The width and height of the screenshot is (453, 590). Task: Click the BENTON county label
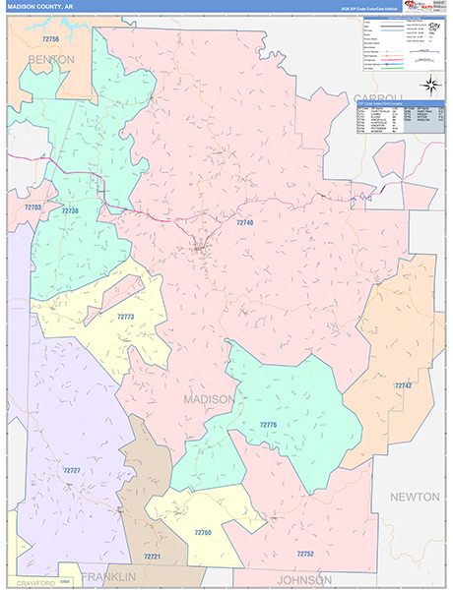tap(51, 60)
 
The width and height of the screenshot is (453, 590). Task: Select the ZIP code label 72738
tap(70, 210)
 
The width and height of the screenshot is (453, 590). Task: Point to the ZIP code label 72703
tap(32, 207)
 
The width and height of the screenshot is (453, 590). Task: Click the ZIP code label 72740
tap(245, 223)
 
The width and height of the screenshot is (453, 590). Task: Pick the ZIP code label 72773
tap(125, 317)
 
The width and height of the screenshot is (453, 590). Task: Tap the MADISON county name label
tap(209, 400)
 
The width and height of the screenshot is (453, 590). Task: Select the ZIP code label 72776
tap(269, 424)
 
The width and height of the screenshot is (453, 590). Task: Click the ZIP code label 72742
tap(403, 385)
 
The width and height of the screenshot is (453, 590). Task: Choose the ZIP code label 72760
tap(202, 532)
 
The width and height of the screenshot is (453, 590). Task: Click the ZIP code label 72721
tap(152, 557)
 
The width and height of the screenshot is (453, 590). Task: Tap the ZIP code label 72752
tap(304, 554)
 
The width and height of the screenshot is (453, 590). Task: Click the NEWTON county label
tap(415, 498)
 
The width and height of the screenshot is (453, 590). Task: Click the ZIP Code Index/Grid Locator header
tap(400, 102)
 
